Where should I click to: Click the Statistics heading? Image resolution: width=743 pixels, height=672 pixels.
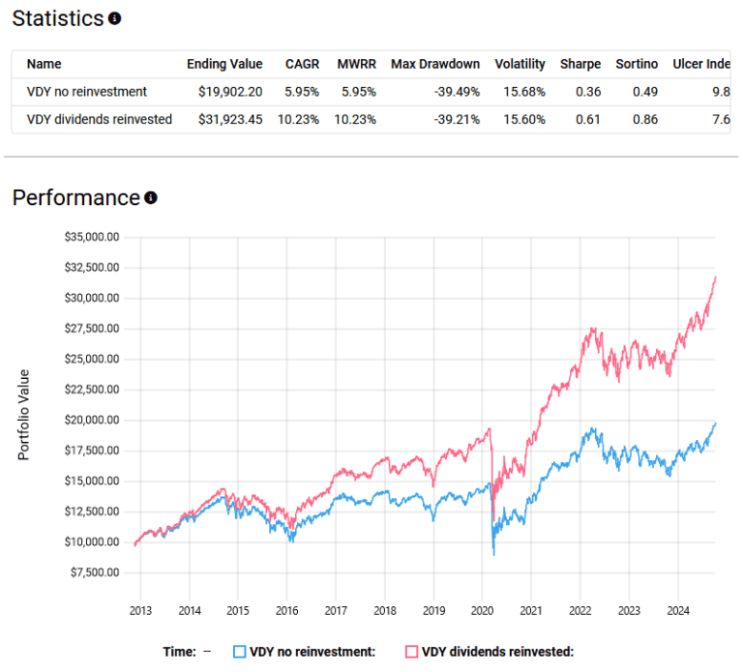(57, 18)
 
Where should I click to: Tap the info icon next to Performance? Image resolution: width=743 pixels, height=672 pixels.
(151, 198)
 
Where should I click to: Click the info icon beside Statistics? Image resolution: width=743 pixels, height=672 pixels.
(115, 18)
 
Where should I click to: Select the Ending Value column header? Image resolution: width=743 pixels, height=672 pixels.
(224, 65)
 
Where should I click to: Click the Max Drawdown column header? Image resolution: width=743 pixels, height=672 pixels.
(435, 65)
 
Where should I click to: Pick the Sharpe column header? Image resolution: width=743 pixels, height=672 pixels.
(580, 65)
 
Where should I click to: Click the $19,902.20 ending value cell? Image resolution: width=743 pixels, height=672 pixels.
(225, 92)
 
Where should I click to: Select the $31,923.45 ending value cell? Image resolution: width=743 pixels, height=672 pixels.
(225, 120)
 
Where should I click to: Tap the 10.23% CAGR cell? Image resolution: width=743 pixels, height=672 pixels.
(300, 120)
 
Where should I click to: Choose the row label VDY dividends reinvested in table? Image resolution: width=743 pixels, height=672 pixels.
(100, 120)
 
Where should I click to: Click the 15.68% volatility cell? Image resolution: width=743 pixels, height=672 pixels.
(520, 92)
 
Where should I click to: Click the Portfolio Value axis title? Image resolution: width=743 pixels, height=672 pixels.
(23, 414)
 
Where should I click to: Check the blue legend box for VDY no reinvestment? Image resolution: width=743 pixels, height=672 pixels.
(240, 652)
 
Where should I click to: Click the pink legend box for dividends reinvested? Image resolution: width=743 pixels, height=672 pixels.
(412, 652)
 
